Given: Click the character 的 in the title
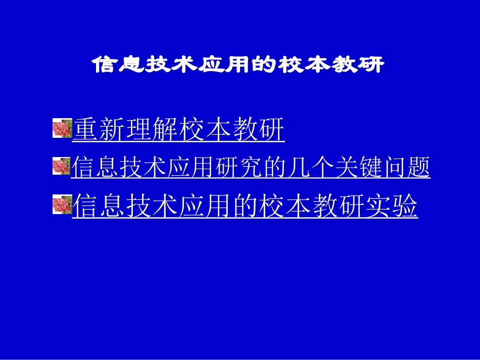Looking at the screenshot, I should (x=265, y=65).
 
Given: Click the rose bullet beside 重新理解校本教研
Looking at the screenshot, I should (x=62, y=129).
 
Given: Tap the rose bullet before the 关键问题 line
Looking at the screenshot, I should (x=61, y=166).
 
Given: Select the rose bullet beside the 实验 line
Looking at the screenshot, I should (x=62, y=204).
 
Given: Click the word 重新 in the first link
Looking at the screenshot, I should (x=100, y=130).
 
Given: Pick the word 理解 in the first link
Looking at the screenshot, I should (x=153, y=130).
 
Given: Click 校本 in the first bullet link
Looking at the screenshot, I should (x=205, y=130).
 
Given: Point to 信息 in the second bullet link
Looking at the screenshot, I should (x=95, y=167).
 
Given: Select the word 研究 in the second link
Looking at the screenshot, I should (x=239, y=167).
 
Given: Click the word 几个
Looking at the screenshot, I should (x=311, y=167).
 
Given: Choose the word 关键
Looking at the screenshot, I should (x=358, y=167).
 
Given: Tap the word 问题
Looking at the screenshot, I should (x=406, y=167).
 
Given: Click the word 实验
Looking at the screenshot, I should (x=392, y=206).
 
